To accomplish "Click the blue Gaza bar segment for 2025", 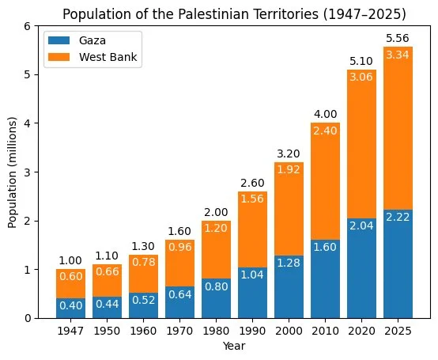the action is [398, 263].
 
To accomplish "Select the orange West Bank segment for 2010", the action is [325, 181].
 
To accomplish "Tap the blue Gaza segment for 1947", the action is [70, 309].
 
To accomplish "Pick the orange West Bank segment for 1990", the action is [252, 229].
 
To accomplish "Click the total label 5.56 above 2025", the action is [398, 38].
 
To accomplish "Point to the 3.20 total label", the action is [289, 153].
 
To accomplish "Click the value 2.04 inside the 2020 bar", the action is [361, 225].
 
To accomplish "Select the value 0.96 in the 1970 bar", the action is [180, 247].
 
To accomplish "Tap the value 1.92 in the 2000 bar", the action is [289, 169].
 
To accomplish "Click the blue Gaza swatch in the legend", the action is [59, 40].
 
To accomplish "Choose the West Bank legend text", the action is [108, 57].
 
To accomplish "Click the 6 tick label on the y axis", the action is [28, 26].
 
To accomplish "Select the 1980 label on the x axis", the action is [216, 332].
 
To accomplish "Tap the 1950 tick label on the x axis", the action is [107, 332].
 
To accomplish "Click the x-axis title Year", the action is [234, 346].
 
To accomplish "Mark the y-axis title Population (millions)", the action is [12, 172].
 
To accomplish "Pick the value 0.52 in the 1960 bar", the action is [144, 300].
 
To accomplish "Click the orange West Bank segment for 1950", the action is [107, 281].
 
